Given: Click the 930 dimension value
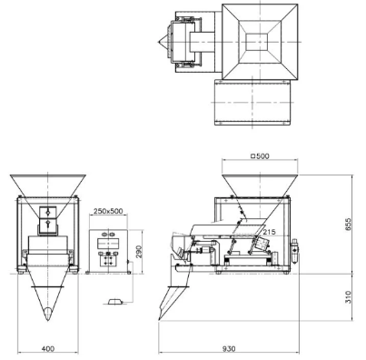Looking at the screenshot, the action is coord(229,349).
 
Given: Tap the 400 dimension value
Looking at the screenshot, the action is coord(48,349).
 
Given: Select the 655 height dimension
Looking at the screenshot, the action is coord(348,225).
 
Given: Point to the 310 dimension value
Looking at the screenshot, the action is coord(348,297).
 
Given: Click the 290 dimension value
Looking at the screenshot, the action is coord(139,252).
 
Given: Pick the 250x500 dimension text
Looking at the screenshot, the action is coord(108,211).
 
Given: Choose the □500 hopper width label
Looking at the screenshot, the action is coord(260,156).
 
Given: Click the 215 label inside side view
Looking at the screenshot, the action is coord(269,232).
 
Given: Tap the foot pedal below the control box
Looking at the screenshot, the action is coord(114,301).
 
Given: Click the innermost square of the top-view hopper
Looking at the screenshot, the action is coord(257,42).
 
